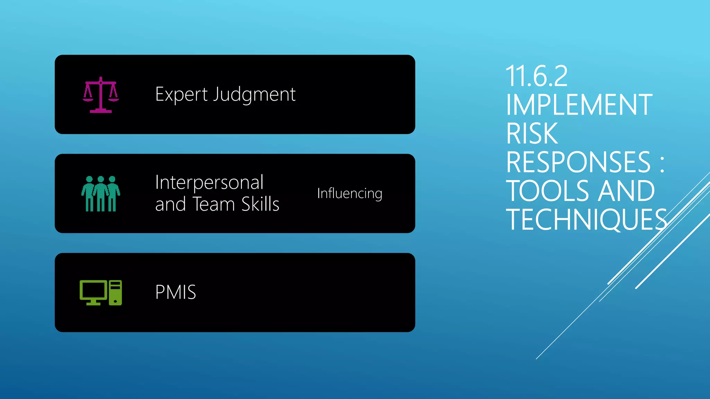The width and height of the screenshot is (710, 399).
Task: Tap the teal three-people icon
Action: click(101, 194)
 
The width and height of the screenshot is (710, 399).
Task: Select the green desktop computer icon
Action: click(101, 293)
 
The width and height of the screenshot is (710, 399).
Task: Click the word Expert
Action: click(181, 95)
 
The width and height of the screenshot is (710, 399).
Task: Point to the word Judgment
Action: click(254, 95)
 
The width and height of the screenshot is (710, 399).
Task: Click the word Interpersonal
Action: click(209, 183)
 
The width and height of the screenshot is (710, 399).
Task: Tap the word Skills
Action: click(260, 204)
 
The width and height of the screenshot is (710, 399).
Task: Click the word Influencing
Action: click(349, 194)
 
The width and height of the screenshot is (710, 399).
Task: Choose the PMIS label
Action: click(175, 292)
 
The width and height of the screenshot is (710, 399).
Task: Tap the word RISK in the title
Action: click(532, 134)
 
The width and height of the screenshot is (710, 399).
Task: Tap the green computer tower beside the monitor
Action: click(115, 293)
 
